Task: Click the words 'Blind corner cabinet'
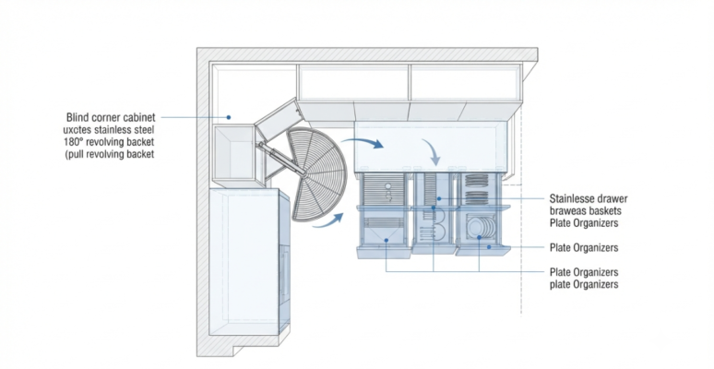click(x=111, y=117)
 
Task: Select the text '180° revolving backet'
click(x=109, y=142)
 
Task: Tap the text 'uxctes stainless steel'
click(x=109, y=130)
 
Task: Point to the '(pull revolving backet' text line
click(x=109, y=154)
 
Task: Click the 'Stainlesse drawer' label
click(x=589, y=198)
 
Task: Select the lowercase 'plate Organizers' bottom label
click(x=584, y=284)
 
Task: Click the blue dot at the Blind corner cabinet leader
click(x=229, y=117)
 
